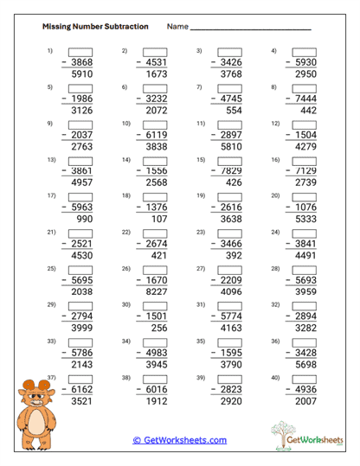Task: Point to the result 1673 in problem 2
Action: (x=156, y=74)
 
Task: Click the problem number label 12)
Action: (x=276, y=124)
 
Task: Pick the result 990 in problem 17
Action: (x=84, y=220)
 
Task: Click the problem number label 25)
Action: (x=51, y=269)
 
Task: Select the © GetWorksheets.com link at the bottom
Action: (x=179, y=439)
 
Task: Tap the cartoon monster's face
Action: (x=37, y=397)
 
